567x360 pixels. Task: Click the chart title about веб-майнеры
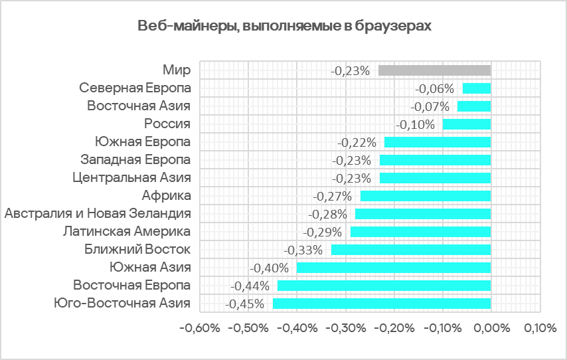tap(284, 27)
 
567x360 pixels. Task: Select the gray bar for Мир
tap(434, 70)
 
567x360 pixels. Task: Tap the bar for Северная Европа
tap(477, 88)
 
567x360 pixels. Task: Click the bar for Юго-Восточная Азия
tap(382, 304)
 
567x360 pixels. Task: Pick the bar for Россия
tap(467, 124)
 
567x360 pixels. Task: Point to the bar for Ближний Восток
tap(411, 250)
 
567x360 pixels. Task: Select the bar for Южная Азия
tap(394, 268)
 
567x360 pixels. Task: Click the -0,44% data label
tap(250, 286)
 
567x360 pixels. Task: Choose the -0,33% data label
tap(303, 250)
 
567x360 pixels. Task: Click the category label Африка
tap(167, 195)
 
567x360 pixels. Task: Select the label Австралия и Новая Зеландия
tap(98, 213)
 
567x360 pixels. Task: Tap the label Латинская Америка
tap(127, 231)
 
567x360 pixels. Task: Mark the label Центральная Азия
tap(131, 177)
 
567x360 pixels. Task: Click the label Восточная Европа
tap(132, 285)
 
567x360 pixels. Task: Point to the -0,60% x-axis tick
tap(200, 328)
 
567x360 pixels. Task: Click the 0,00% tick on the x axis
tap(491, 328)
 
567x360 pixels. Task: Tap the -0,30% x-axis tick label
tap(345, 328)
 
